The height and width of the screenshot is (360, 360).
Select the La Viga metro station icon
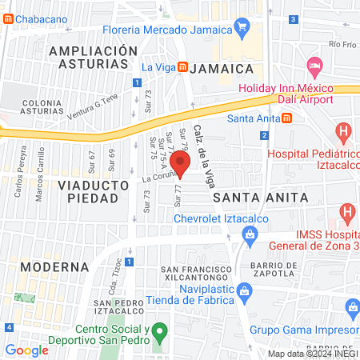tap(183, 67)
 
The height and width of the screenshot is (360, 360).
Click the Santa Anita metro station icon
tap(287, 119)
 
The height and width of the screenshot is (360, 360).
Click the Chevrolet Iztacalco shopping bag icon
tap(250, 234)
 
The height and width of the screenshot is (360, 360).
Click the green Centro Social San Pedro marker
tap(160, 330)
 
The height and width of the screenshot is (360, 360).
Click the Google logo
tap(26, 350)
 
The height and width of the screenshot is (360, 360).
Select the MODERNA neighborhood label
tap(54, 266)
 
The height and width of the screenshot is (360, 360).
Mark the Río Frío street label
tap(342, 46)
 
